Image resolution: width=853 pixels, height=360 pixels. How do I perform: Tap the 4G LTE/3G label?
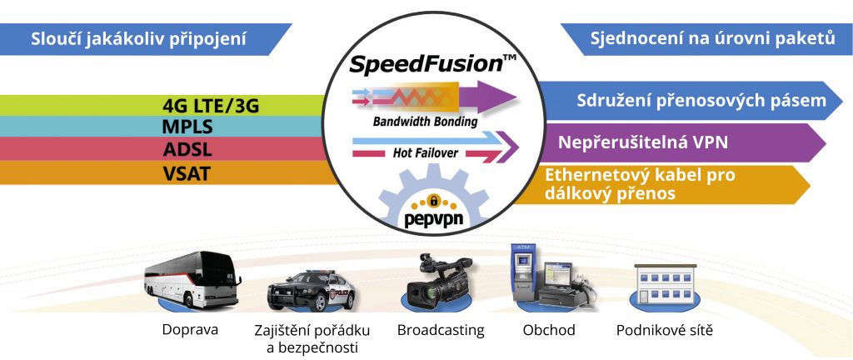211,106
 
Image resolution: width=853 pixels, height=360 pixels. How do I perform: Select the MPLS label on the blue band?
187,127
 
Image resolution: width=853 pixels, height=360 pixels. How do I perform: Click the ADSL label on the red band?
187,149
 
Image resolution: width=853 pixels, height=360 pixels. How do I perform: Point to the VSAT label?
187,174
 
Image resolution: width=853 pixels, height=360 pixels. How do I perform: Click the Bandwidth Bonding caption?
425,122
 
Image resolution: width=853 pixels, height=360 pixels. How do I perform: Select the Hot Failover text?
426,153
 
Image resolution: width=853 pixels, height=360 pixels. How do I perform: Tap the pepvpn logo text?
433,220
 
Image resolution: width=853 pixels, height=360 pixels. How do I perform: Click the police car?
311,290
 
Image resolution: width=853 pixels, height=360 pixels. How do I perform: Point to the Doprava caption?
190,330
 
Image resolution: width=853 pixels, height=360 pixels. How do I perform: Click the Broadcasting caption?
441,329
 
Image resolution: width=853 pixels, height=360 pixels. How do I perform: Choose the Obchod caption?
549,329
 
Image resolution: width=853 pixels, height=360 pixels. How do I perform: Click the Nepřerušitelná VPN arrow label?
643,142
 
